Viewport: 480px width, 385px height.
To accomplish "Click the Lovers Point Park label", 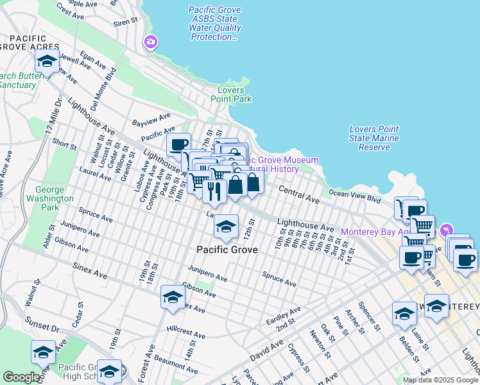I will tap(231, 94).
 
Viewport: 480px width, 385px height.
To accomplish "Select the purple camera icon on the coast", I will tap(151, 42).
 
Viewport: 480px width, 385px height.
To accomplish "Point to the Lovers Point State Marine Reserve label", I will tap(374, 138).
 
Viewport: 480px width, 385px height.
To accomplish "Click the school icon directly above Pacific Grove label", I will tap(225, 227).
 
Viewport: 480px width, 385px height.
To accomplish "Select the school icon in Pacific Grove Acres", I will tap(47, 61).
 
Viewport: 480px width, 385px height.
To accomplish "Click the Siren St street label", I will tap(125, 21).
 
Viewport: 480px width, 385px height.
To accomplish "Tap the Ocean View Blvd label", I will tap(350, 193).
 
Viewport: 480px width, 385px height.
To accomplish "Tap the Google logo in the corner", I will tap(21, 377).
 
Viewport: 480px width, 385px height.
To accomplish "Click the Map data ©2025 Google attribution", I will tap(440, 380).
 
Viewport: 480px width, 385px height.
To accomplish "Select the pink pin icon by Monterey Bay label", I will tap(447, 230).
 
